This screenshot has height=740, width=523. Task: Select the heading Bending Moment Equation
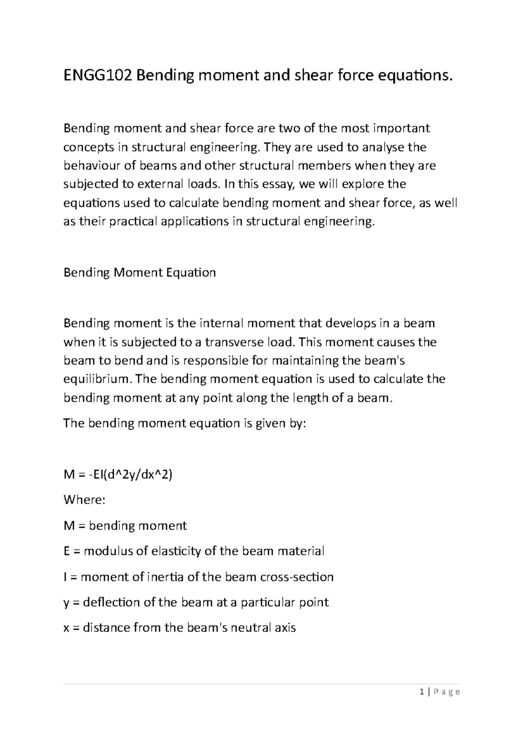[x=139, y=273]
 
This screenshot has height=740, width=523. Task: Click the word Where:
[x=84, y=499]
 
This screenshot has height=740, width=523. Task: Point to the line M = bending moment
[x=125, y=526]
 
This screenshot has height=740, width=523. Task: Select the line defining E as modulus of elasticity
[x=194, y=551]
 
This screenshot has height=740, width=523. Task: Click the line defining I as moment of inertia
[x=198, y=577]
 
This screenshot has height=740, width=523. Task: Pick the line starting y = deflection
[x=196, y=602]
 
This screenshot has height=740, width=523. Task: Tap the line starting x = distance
[x=180, y=628]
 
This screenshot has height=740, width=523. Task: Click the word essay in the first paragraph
[x=274, y=184]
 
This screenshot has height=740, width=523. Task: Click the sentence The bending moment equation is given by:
[x=185, y=423]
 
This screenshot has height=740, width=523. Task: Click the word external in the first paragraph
[x=160, y=184]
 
